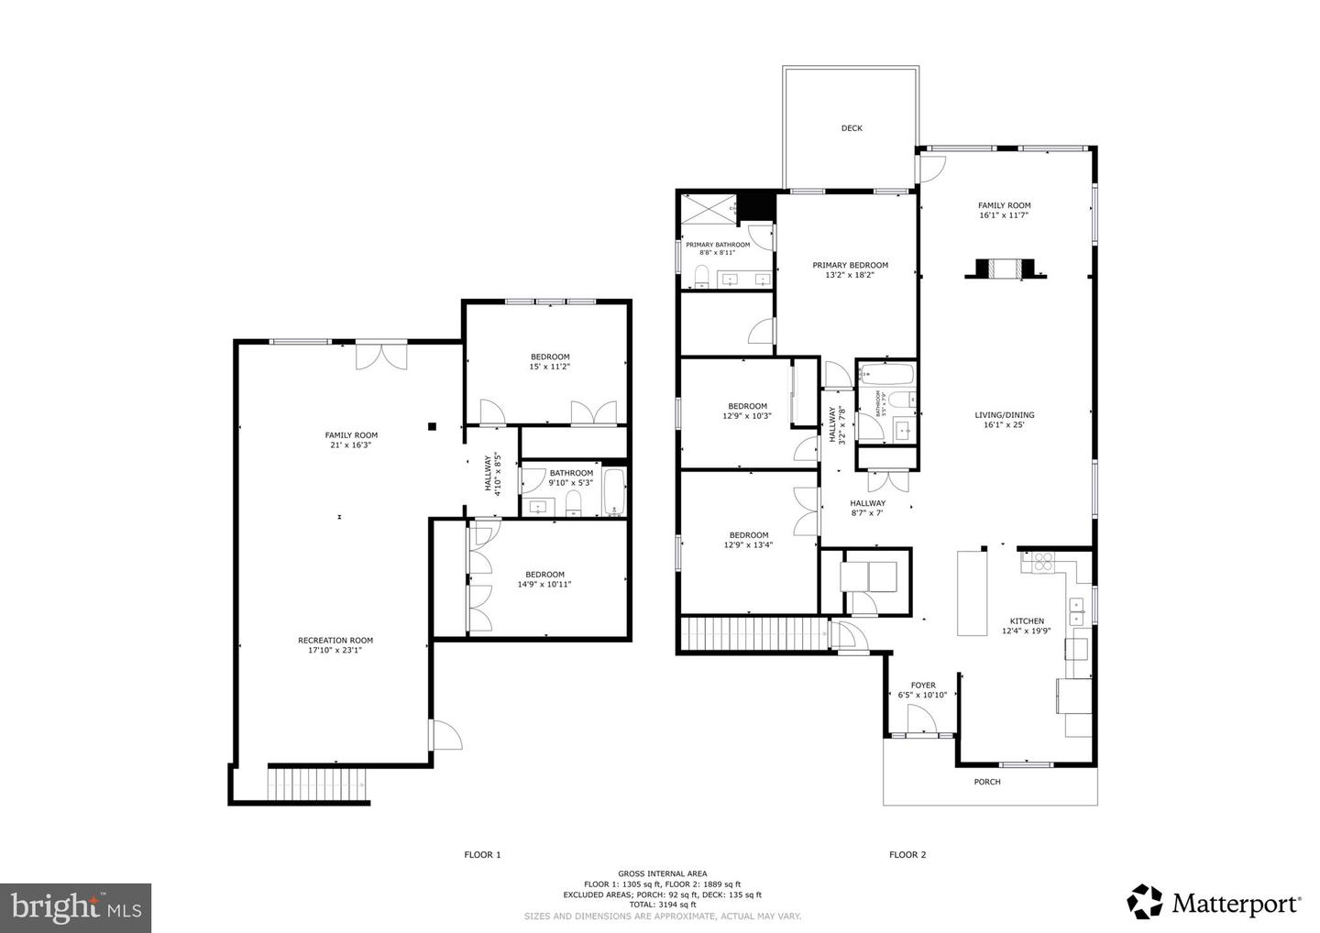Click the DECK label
pyautogui.click(x=852, y=128)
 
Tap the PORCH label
pyautogui.click(x=987, y=782)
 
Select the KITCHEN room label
pyautogui.click(x=1027, y=621)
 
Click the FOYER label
pyautogui.click(x=923, y=686)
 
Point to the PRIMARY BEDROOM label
pyautogui.click(x=850, y=265)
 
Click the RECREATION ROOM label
pyautogui.click(x=335, y=641)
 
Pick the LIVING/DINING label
pyautogui.click(x=1004, y=415)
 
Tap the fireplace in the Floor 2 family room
pyautogui.click(x=1004, y=269)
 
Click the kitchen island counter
pyautogui.click(x=971, y=593)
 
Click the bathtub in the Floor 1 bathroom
pyautogui.click(x=613, y=492)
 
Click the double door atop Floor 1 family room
pyautogui.click(x=381, y=356)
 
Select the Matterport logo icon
pyautogui.click(x=1145, y=902)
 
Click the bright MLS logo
pyautogui.click(x=75, y=907)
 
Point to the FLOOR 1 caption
pyautogui.click(x=482, y=855)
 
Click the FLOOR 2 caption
pyautogui.click(x=907, y=855)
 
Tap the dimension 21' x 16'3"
pyautogui.click(x=351, y=445)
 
